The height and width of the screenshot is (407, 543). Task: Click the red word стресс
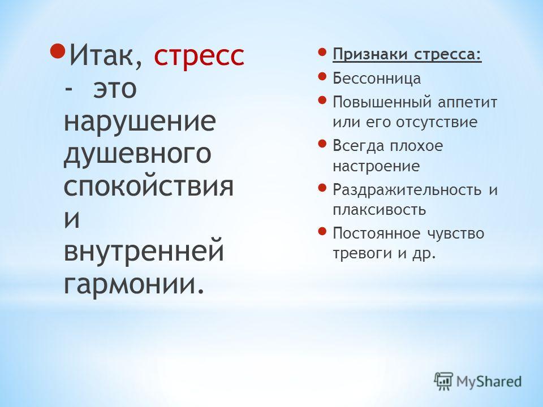point(199,57)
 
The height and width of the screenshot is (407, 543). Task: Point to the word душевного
point(137,155)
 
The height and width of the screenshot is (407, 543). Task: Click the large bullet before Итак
point(58,51)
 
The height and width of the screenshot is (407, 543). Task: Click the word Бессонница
point(377,78)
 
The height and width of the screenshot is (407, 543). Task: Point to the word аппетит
point(467,102)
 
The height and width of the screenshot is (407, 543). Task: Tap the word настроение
point(376,166)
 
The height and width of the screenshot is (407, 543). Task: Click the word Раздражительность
point(407,190)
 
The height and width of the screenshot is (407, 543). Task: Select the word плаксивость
point(379,210)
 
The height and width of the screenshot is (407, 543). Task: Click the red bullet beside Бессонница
point(322,76)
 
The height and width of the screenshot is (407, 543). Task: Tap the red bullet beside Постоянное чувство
point(322,231)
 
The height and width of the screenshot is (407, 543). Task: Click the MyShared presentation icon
point(443,382)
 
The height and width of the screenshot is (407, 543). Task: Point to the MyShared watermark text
point(489,382)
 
